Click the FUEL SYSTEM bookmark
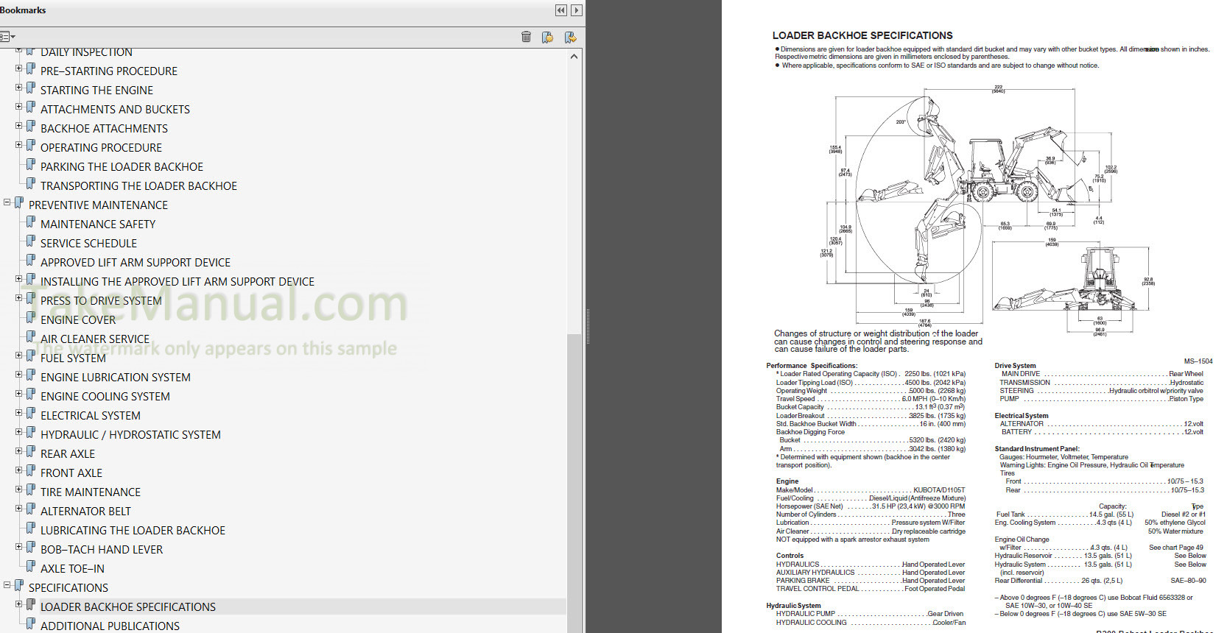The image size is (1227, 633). [x=73, y=358]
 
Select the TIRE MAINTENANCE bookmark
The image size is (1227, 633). [x=91, y=492]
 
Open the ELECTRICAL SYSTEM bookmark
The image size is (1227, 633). [x=91, y=416]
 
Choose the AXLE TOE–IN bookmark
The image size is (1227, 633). [x=72, y=569]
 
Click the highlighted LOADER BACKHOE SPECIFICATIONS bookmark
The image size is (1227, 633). [x=128, y=607]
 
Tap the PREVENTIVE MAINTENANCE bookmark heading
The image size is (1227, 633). [x=98, y=205]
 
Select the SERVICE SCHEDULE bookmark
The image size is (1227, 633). [x=88, y=244]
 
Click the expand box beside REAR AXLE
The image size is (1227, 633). [x=19, y=451]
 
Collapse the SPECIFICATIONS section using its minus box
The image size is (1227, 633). [x=7, y=585]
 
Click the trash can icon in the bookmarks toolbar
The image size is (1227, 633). [x=526, y=37]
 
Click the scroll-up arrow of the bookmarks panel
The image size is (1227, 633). [x=574, y=57]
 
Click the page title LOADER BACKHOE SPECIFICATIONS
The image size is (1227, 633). [x=862, y=35]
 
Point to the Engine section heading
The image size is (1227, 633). [x=787, y=481]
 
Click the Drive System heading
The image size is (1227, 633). [x=1015, y=366]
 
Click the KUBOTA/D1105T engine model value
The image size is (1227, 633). [x=939, y=490]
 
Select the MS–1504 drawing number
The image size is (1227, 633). [x=1198, y=361]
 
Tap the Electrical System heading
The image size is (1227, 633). [x=1021, y=416]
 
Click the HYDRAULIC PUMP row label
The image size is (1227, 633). [x=805, y=614]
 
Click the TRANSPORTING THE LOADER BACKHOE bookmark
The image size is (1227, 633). [x=138, y=186]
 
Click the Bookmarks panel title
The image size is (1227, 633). [x=23, y=10]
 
